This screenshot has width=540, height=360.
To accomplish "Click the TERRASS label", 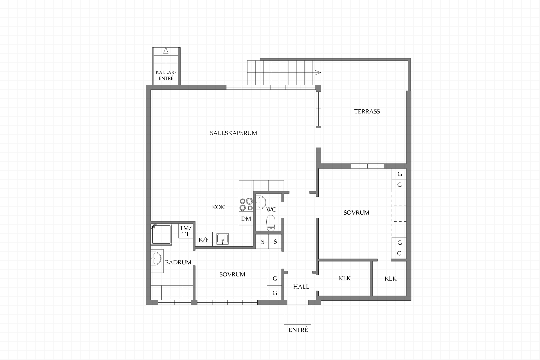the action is pos(367,111).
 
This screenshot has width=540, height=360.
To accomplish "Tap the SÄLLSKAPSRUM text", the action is pos(233,133).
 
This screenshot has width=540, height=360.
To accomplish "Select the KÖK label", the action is pos(219,207).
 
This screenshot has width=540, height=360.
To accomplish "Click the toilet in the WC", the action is pos(271,223).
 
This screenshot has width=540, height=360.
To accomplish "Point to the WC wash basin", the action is pos(261,202).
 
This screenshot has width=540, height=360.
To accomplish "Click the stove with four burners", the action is pos(246,204).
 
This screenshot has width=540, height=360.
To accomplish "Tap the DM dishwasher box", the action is pos(246,219).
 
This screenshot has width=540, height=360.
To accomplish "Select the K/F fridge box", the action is pos(204,240).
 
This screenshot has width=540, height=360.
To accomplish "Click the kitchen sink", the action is pos(222,239).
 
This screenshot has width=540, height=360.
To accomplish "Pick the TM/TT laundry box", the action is pos(186,231).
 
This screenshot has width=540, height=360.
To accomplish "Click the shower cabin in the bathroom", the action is pos(161,234).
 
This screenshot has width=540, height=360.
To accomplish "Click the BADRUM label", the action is pos(178,262).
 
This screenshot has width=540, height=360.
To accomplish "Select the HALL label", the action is pos(301,287).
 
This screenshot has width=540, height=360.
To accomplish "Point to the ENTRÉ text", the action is pos(298,330).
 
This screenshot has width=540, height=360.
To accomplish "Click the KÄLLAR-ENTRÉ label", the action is pos(166,75).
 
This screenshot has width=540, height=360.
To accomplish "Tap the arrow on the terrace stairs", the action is pos(318,73).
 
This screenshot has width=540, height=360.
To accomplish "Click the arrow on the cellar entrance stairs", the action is pos(166,51).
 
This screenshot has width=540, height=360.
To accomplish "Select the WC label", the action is pos(271,210).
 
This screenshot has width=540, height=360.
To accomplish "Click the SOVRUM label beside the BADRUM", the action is pos(232,274).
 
